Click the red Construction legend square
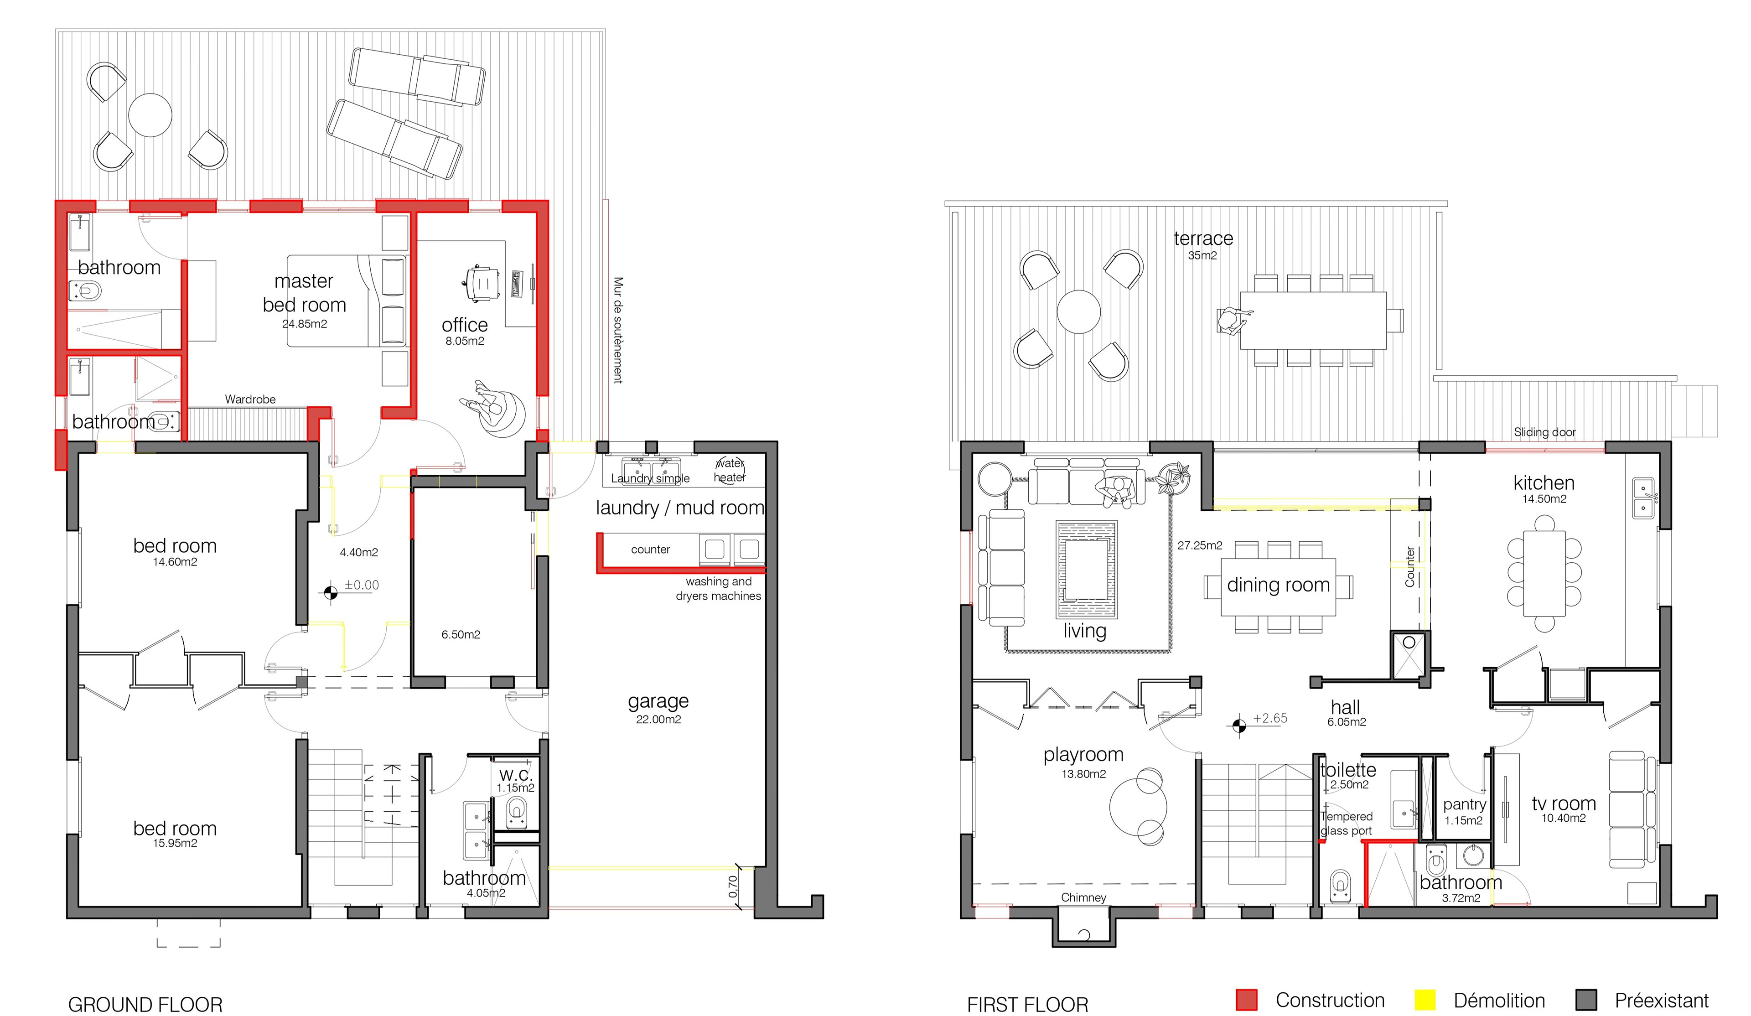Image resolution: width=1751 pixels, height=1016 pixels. tap(1247, 1000)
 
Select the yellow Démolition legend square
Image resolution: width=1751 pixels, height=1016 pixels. tap(1425, 1000)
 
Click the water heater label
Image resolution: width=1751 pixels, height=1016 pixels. tap(730, 471)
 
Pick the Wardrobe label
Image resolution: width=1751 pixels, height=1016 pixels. tap(250, 399)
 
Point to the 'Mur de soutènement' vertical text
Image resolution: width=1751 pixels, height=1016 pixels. tap(618, 330)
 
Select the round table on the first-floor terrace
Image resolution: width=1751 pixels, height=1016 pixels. tap(1078, 312)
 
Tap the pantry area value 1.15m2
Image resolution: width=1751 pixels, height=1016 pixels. tap(1464, 821)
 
